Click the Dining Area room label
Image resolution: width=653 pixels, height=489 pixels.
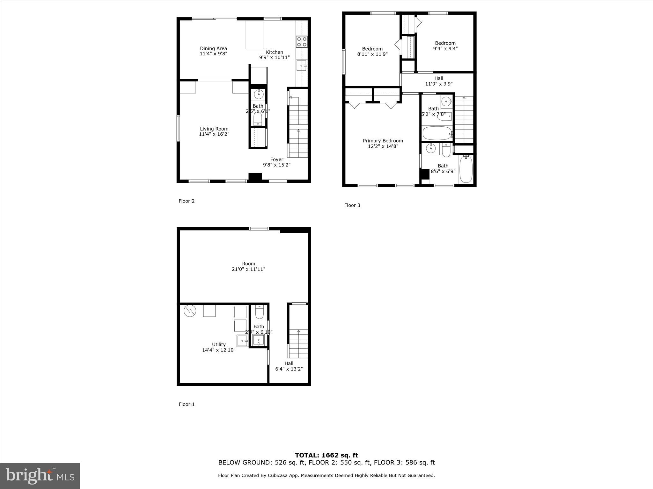[213, 49]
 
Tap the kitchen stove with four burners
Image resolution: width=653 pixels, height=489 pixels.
[302, 42]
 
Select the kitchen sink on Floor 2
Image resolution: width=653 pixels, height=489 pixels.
[301, 66]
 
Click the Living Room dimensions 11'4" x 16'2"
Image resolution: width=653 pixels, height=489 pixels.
[214, 134]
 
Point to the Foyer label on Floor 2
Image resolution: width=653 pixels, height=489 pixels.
[276, 159]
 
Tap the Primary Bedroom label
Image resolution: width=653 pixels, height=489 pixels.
[383, 141]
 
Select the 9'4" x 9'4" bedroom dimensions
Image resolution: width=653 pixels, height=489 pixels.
[445, 49]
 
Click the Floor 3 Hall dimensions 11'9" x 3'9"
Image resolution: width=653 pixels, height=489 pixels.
[439, 84]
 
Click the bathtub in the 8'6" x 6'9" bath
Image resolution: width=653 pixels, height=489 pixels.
[466, 169]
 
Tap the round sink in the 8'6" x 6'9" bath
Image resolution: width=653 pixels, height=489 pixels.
[431, 148]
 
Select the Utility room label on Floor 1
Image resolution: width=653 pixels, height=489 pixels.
[219, 344]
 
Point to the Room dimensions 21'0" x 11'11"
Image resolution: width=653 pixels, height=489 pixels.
[248, 269]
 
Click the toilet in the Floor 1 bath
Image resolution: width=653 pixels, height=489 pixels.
[259, 312]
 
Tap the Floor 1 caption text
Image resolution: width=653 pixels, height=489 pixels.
[187, 404]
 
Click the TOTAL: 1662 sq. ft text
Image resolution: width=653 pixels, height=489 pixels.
[326, 456]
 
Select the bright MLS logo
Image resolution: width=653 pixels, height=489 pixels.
[40, 476]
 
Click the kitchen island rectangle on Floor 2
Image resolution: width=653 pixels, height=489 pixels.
[254, 34]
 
